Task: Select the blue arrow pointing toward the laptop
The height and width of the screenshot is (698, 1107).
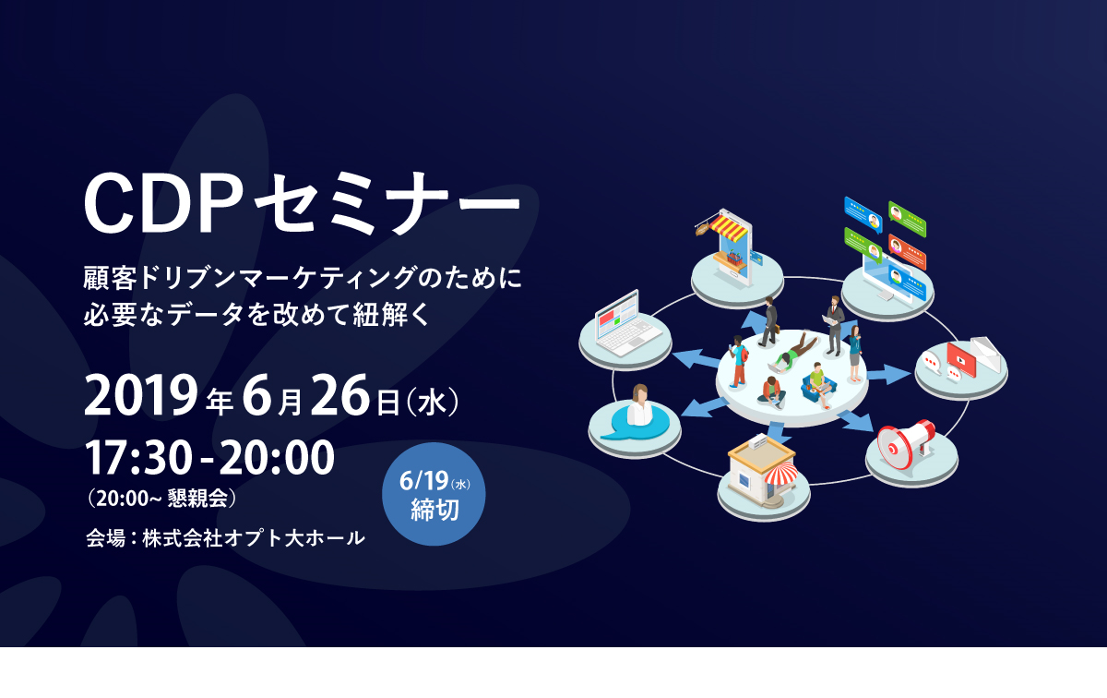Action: click(x=695, y=359)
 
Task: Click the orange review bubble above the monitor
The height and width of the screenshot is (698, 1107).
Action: click(x=907, y=247)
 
